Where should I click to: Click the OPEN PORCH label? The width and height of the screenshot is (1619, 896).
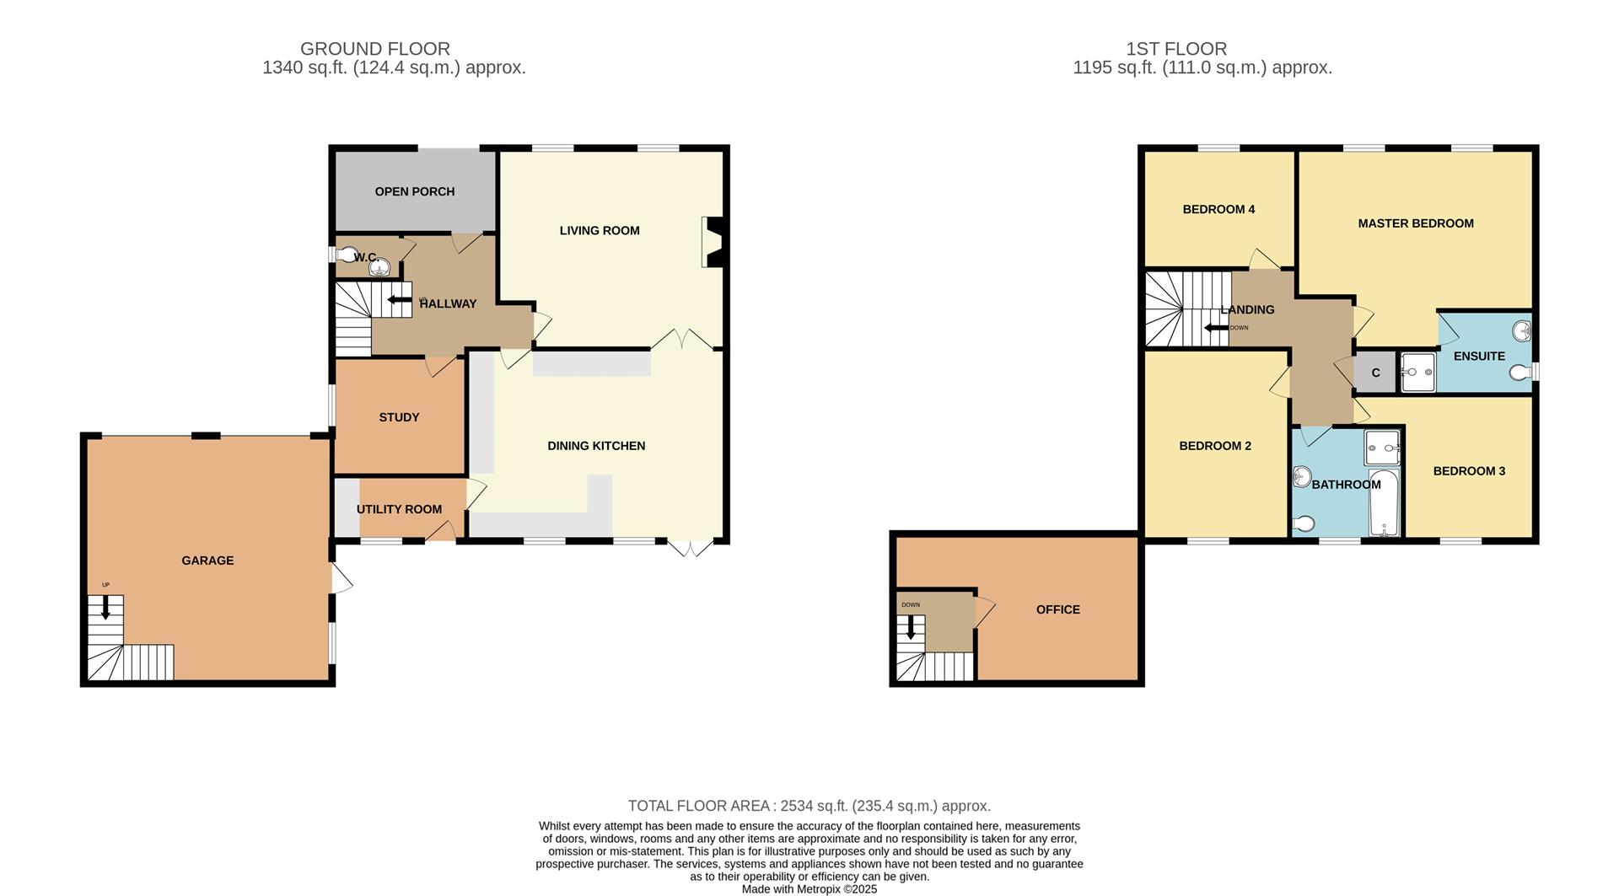[x=414, y=191]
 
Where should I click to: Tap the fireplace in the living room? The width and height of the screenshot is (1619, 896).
[x=713, y=243]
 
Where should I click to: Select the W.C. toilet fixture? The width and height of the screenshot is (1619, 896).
[x=346, y=252]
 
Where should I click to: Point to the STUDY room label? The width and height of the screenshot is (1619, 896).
[x=399, y=417]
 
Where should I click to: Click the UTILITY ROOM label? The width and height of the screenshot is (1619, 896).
[x=399, y=509]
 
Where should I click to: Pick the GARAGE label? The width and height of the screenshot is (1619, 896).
[x=207, y=561]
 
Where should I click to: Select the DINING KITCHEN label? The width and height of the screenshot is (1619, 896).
[x=596, y=446]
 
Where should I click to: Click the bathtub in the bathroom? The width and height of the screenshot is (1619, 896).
[x=1384, y=504]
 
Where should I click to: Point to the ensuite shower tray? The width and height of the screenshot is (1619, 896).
[x=1417, y=372]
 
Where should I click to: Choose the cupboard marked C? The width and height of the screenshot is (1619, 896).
[x=1375, y=373]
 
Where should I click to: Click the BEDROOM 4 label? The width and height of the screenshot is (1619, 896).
[x=1218, y=209]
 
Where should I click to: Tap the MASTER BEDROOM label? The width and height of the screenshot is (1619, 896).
[x=1415, y=223]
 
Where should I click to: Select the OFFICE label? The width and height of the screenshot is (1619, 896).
[x=1057, y=609]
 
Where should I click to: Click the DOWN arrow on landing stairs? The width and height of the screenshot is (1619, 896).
[x=1215, y=328]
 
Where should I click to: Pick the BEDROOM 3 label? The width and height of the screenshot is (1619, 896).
[x=1469, y=471]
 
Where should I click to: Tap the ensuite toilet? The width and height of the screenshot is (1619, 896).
[x=1520, y=372]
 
